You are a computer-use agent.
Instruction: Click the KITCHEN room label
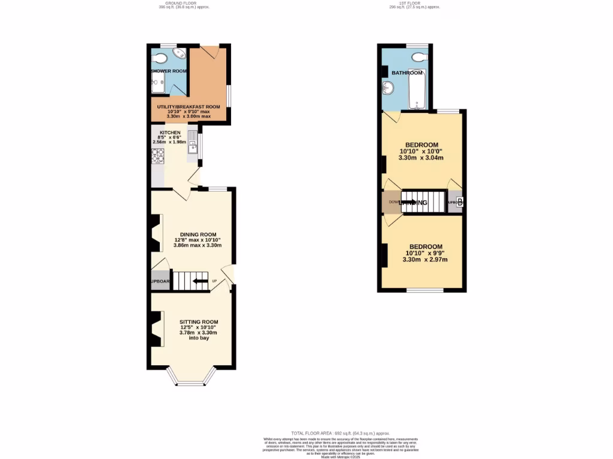pyautogui.click(x=169, y=132)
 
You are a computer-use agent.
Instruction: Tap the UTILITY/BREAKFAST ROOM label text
pyautogui.click(x=189, y=107)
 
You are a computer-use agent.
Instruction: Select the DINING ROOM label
pyautogui.click(x=198, y=234)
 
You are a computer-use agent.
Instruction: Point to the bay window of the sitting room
pyautogui.click(x=190, y=377)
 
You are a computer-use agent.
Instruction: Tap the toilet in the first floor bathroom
pyautogui.click(x=419, y=57)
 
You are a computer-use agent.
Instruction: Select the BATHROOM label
pyautogui.click(x=407, y=73)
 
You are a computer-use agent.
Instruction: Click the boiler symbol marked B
pyautogui.click(x=459, y=201)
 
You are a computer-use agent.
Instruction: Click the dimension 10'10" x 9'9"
pyautogui.click(x=425, y=253)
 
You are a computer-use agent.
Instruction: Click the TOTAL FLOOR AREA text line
pyautogui.click(x=340, y=433)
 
